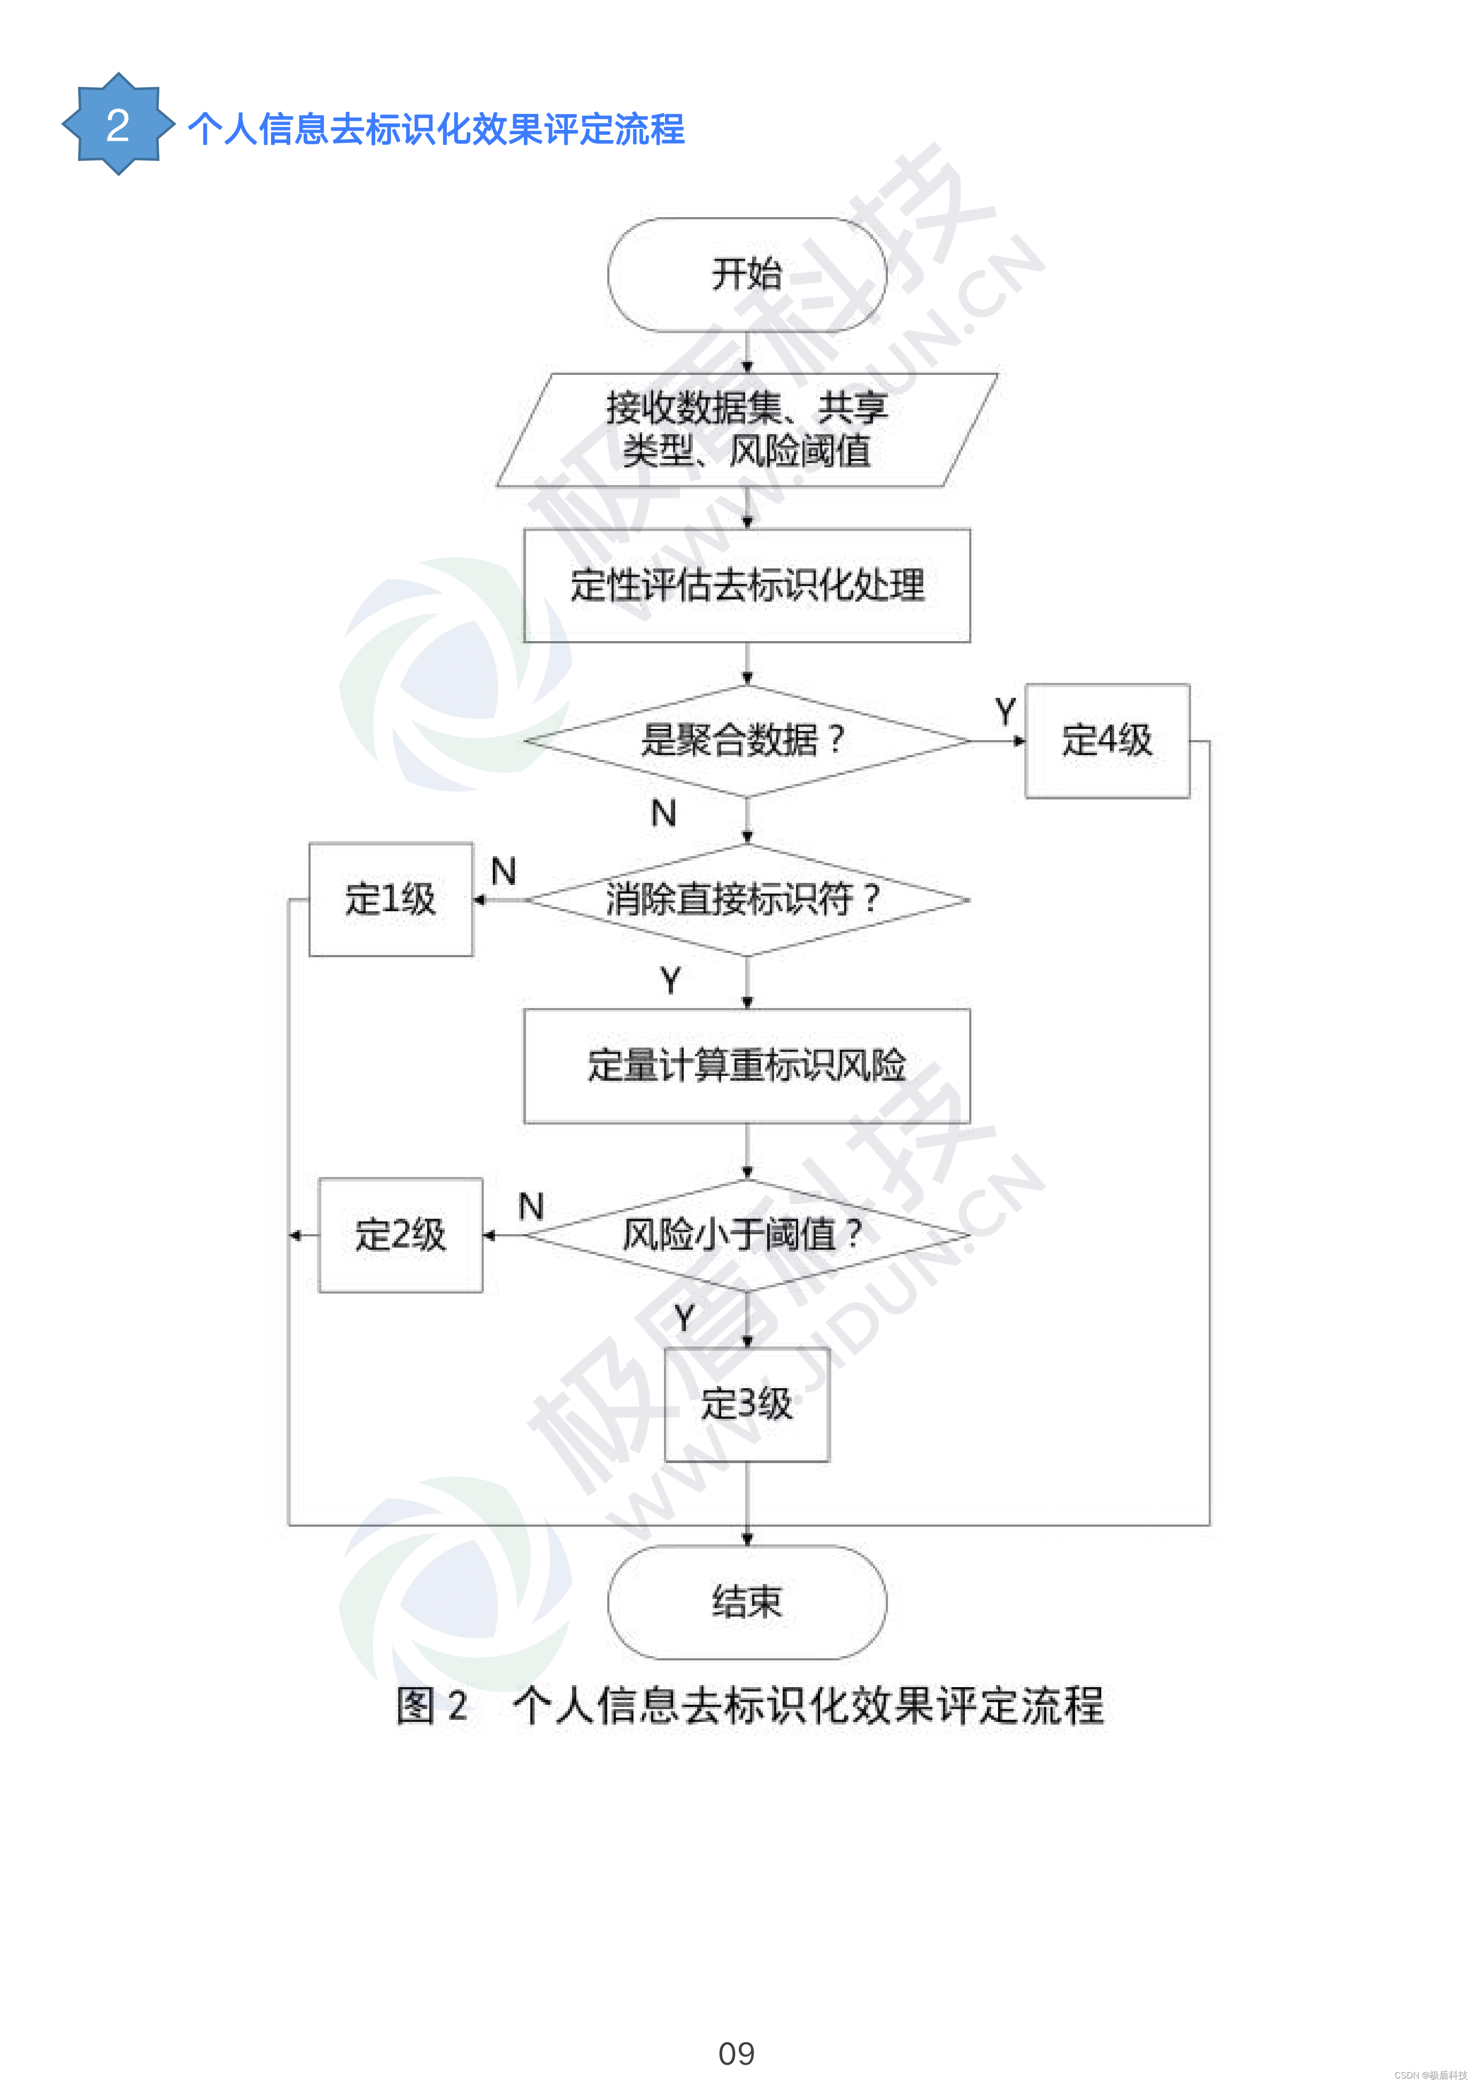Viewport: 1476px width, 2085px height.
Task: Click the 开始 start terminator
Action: pos(746,274)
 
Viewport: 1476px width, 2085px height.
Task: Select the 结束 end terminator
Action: pos(746,1602)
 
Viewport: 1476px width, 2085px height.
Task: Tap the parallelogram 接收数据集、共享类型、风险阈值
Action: pos(746,429)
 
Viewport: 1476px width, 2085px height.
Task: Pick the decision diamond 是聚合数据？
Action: pos(746,741)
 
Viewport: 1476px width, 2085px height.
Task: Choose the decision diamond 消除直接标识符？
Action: pos(746,900)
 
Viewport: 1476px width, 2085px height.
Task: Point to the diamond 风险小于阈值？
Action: pos(746,1234)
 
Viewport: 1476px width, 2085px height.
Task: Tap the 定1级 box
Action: pos(391,900)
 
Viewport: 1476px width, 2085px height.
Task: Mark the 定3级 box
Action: pos(746,1404)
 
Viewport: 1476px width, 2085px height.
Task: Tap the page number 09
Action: pos(736,2053)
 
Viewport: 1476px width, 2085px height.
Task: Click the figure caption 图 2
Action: pos(432,1706)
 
